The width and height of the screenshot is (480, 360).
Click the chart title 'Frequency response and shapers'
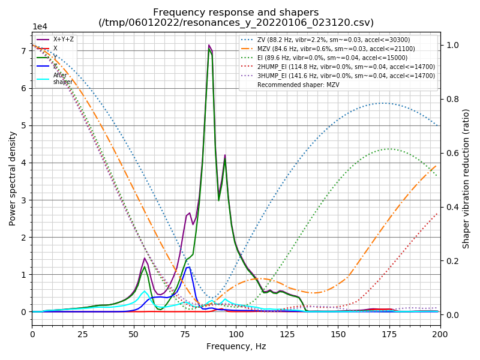[x=236, y=13]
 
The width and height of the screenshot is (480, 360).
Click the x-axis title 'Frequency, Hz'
[x=236, y=346]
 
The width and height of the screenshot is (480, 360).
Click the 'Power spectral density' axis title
[x=13, y=178]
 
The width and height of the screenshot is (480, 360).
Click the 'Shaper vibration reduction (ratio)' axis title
[x=466, y=179]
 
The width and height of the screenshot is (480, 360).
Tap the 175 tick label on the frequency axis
[x=389, y=334]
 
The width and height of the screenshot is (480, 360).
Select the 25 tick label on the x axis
[x=83, y=334]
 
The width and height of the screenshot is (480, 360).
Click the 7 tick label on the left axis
[x=25, y=51]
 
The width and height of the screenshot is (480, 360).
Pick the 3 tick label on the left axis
[x=25, y=200]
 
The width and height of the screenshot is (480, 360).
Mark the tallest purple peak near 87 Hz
[x=209, y=45]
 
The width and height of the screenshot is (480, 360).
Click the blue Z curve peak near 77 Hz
[x=189, y=267]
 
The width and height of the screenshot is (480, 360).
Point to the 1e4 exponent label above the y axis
[x=40, y=27]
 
